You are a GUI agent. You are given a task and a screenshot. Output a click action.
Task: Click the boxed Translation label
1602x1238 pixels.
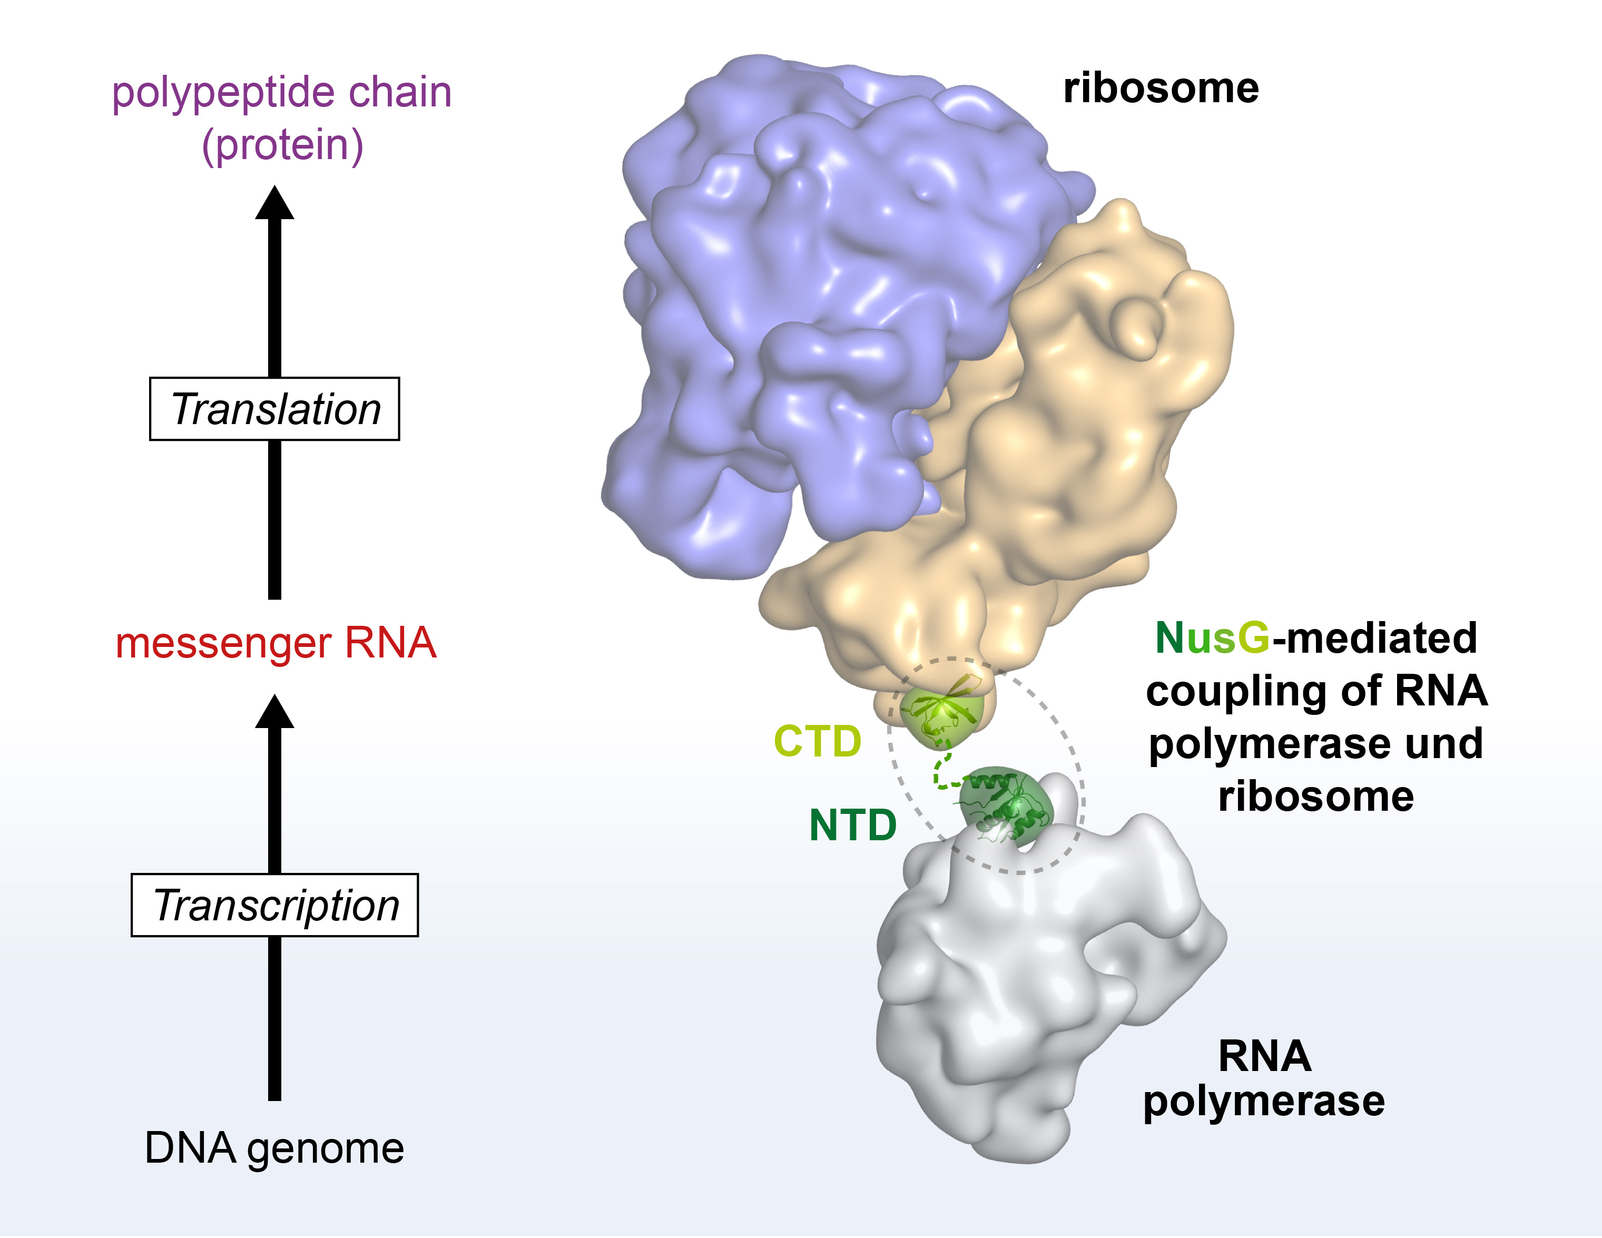274,409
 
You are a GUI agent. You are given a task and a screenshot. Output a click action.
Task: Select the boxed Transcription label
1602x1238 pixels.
274,905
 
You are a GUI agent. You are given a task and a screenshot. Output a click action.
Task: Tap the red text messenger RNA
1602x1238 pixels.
276,643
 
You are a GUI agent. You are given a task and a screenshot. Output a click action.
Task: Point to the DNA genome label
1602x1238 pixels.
274,1148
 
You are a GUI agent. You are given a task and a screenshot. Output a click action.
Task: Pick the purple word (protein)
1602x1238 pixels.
282,145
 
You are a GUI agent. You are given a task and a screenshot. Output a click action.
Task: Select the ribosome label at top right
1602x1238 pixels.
1161,88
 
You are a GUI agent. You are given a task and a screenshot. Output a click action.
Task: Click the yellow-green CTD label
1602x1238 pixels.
817,741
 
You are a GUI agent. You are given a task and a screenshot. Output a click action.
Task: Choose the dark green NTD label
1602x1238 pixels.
852,825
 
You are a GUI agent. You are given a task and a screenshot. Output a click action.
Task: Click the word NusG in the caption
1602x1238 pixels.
1212,638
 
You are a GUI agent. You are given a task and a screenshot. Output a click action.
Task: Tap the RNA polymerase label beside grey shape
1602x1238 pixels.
1264,1078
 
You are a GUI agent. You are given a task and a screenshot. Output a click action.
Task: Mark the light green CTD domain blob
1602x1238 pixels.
941,715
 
